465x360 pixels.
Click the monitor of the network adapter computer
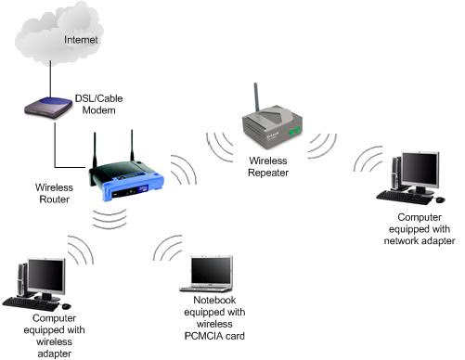[x=420, y=169]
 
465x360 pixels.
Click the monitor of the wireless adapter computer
[x=45, y=276]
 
